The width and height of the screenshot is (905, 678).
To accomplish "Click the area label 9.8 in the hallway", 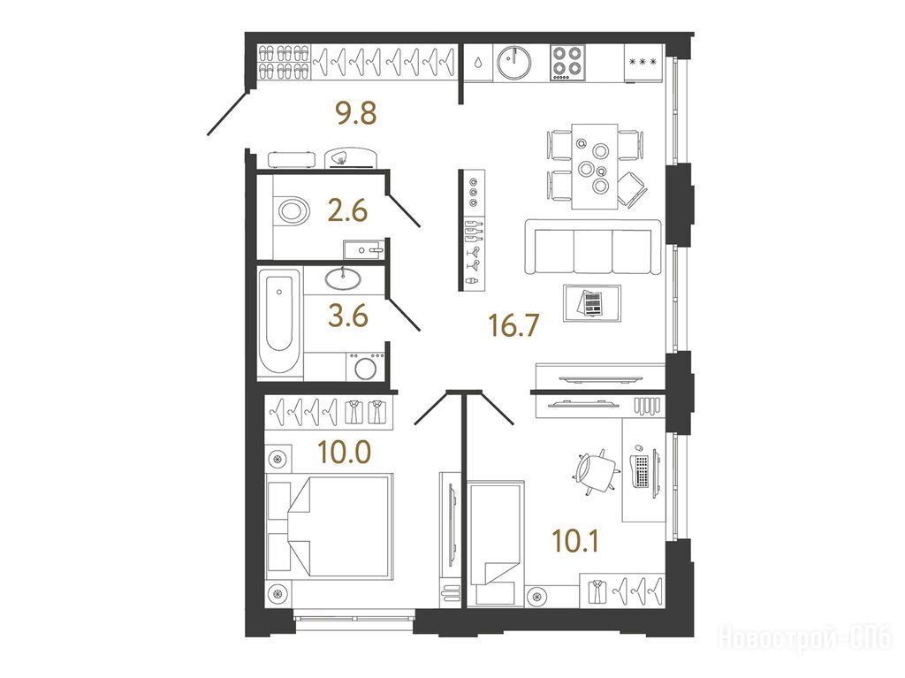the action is coord(357,113).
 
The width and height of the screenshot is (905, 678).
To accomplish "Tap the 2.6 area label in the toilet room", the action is coord(347,210).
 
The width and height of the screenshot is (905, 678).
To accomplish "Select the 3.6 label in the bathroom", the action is coord(348,316).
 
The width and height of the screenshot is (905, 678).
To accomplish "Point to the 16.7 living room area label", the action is coord(513,325).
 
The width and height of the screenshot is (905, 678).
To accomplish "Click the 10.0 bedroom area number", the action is coord(345,452).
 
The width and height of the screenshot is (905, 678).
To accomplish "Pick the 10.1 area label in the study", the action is coord(575,541).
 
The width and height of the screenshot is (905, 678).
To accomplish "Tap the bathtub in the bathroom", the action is coord(279,324).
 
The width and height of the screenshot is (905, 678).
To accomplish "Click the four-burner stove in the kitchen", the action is coord(567,63).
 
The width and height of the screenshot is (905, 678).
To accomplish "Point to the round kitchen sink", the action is coord(513,62).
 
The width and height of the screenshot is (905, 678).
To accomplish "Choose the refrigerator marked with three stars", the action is coord(644,63).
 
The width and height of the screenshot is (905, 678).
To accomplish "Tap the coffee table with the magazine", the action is coord(592,302).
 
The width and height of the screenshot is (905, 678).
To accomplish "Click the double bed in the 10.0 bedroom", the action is coord(331,525).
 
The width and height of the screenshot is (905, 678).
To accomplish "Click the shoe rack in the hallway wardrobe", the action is coord(284,62).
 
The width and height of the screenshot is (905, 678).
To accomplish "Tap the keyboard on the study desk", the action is coord(642,470).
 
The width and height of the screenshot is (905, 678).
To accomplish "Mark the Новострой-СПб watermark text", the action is coord(804,638).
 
